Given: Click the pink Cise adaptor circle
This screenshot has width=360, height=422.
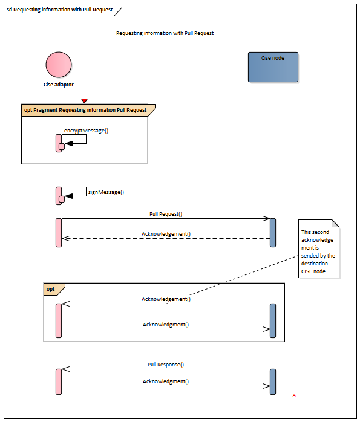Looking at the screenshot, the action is [x=59, y=65].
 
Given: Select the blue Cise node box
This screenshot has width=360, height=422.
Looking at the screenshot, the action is [x=273, y=67].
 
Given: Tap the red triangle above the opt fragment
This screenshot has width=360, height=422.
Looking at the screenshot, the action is [x=84, y=101].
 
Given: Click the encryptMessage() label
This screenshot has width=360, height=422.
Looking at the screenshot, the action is [x=86, y=131].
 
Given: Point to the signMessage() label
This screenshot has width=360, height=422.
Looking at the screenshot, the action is [x=106, y=192].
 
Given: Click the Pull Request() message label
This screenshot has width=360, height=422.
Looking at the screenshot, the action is [x=166, y=214].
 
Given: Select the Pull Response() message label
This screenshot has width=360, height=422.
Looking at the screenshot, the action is [x=166, y=365].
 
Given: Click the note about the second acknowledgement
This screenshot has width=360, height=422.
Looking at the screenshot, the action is [x=318, y=248].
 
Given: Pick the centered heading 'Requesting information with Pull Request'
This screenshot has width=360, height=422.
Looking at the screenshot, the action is [x=165, y=33].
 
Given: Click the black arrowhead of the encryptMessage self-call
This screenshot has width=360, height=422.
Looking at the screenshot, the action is [x=68, y=143].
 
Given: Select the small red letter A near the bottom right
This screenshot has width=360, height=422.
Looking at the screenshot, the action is [x=294, y=395].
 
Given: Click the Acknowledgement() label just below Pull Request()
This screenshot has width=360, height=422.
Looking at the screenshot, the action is [x=166, y=234].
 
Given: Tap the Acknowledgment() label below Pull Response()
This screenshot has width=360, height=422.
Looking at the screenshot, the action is [x=166, y=381].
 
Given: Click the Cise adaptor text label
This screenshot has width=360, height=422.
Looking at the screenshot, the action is [x=59, y=85].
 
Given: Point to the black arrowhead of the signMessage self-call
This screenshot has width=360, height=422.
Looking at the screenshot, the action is [x=68, y=196].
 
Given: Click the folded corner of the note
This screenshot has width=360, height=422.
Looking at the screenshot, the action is [x=336, y=223].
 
